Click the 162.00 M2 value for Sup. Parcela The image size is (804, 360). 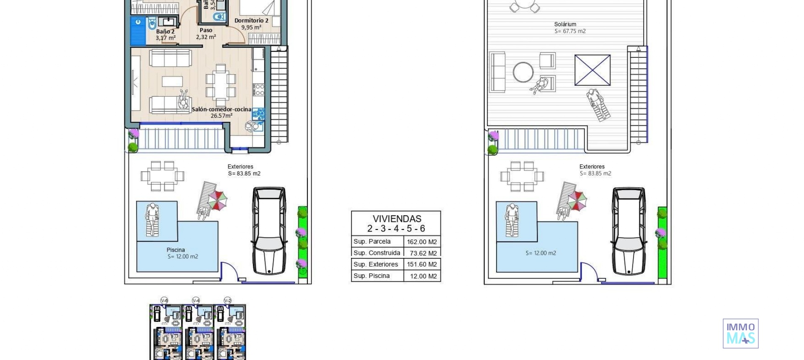422,242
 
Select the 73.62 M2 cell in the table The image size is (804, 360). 423,253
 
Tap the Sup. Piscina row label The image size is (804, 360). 371,276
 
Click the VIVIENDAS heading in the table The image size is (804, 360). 397,219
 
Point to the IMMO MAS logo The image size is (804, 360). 740,334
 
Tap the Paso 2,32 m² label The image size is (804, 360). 206,33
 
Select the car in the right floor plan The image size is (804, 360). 629,231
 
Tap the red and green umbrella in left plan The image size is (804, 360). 218,200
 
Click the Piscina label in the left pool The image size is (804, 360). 176,250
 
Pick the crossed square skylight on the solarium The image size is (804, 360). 592,70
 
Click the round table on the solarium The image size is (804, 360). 523,72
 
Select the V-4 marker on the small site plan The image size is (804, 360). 196,301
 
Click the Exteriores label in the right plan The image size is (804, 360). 592,167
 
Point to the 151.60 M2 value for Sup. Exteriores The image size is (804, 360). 422,265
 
